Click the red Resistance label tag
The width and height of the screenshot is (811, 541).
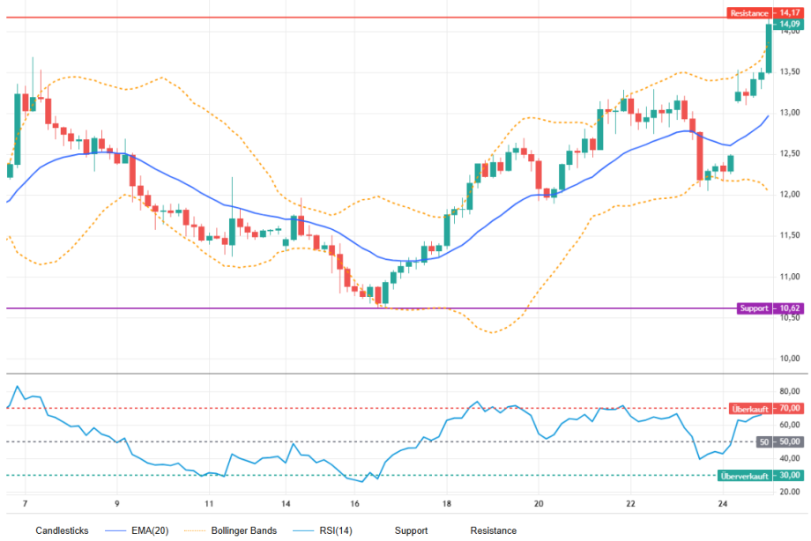(749, 13)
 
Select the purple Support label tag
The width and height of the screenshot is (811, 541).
(755, 308)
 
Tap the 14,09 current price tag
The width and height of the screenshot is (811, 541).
(789, 24)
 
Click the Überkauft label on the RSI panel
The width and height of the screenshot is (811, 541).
(750, 409)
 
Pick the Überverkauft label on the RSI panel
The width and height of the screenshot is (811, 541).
(745, 476)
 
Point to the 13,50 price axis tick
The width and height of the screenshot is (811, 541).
(790, 72)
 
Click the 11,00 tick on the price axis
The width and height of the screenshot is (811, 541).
(790, 277)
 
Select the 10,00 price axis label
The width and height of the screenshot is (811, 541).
(790, 359)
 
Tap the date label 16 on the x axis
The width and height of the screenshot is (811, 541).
(354, 503)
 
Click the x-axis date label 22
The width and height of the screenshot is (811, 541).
(630, 503)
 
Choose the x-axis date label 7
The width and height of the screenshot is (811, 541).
(25, 503)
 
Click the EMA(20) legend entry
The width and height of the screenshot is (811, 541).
(150, 530)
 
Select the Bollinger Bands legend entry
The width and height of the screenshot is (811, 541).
(243, 530)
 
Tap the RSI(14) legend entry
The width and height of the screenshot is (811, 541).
(336, 530)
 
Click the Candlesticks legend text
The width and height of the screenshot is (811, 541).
(62, 530)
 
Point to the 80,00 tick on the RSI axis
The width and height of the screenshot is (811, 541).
(790, 391)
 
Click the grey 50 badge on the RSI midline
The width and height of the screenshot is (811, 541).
(764, 441)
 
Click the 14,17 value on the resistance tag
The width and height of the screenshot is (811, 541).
(789, 13)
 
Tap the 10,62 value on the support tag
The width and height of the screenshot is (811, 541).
(789, 308)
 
